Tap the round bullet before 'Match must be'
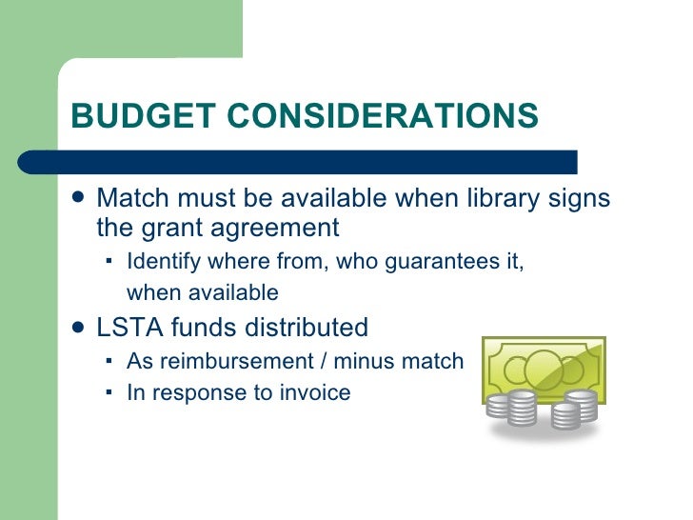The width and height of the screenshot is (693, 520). coord(79,199)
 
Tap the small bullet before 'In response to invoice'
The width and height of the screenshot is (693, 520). coord(109,390)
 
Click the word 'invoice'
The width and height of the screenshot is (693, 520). coord(316,392)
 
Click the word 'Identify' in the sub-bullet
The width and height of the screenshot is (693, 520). coord(160,262)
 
